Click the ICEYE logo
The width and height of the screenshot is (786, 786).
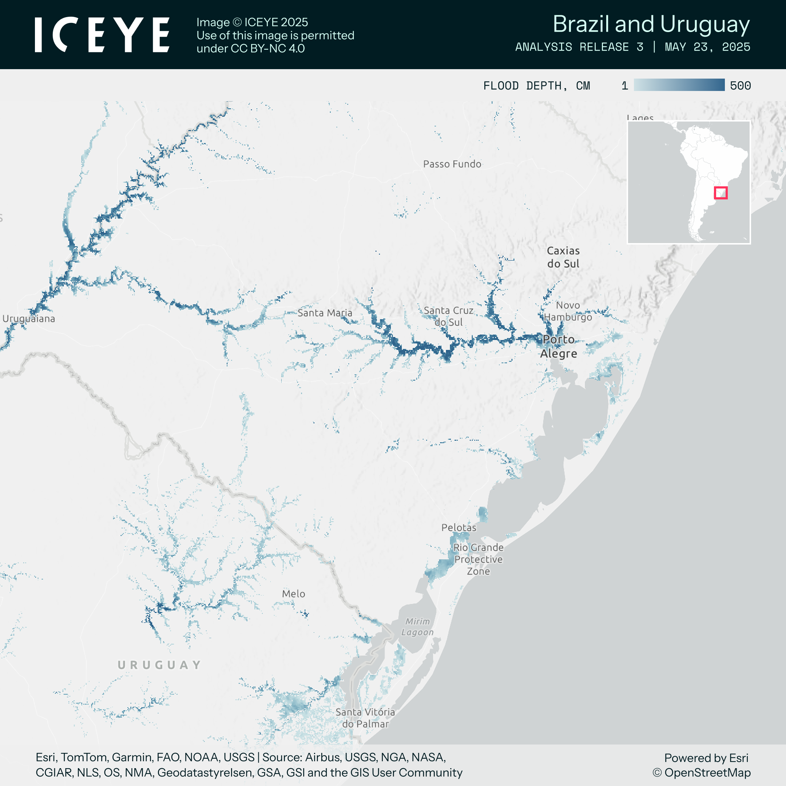click(x=102, y=35)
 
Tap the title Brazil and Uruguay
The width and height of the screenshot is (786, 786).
click(x=651, y=24)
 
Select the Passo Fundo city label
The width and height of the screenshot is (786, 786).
click(x=452, y=164)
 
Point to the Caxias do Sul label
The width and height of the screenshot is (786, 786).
click(x=563, y=257)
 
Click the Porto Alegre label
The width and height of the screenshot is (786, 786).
click(x=559, y=346)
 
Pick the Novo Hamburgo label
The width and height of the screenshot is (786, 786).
click(x=568, y=311)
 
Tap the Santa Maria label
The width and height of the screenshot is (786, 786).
click(x=325, y=313)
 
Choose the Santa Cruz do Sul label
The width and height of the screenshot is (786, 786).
click(x=448, y=316)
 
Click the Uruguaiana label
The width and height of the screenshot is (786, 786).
click(x=29, y=318)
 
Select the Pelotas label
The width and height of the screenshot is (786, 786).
click(x=458, y=528)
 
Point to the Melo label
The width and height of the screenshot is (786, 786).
click(x=293, y=594)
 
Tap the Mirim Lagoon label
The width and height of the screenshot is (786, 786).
click(x=417, y=627)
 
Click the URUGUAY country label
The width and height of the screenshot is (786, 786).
click(x=159, y=665)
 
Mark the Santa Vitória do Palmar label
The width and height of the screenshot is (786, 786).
click(x=365, y=718)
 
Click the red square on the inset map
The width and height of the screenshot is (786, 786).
click(x=721, y=192)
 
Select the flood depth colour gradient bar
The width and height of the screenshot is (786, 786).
click(x=679, y=85)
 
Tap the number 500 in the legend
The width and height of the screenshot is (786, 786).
click(x=741, y=86)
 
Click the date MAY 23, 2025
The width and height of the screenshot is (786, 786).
click(x=707, y=47)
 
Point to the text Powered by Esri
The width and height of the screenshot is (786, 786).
click(x=706, y=758)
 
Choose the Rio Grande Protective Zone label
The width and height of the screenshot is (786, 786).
click(x=479, y=559)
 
